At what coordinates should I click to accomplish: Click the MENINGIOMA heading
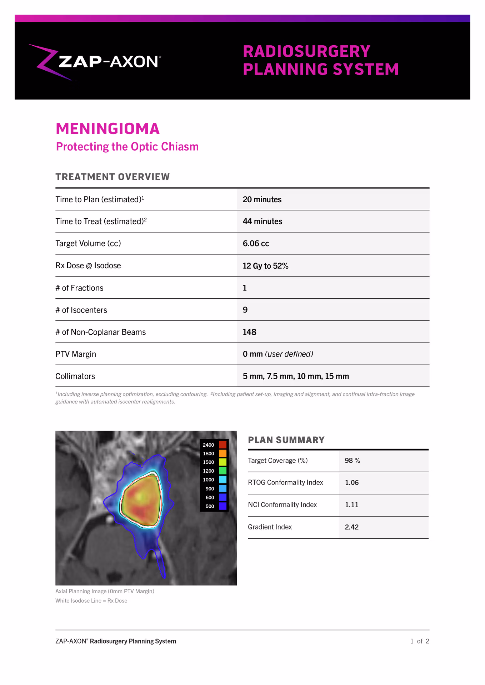point(107,129)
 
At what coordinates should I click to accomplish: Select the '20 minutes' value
point(262,199)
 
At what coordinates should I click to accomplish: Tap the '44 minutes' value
point(262,222)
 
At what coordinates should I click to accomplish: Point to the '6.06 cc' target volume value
point(256,244)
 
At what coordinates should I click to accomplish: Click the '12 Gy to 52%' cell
point(265,266)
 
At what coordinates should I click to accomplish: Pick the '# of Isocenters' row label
point(81,310)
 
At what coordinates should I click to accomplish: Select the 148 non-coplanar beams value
point(249,332)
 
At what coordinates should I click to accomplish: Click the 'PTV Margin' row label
point(76,354)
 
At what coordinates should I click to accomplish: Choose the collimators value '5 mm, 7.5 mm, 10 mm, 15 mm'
point(296,376)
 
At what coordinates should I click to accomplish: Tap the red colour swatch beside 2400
point(222,445)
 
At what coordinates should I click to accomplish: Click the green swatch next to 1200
point(222,471)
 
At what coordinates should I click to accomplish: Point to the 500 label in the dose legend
point(210,506)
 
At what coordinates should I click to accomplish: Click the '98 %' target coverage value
point(352,461)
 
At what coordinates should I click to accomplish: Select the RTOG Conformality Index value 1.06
point(351,483)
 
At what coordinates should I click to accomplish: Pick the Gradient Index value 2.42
point(351,527)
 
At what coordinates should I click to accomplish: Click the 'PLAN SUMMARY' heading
point(286,440)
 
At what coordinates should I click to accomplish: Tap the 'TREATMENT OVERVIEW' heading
point(112,177)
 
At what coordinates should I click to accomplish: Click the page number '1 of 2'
point(420,641)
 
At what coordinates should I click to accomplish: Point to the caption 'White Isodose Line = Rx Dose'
point(91,601)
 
